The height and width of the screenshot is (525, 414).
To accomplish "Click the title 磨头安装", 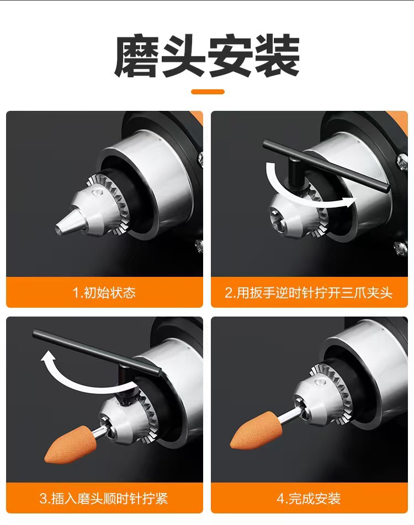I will tap(207, 57).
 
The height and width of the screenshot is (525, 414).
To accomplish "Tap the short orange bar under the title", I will tap(208, 92).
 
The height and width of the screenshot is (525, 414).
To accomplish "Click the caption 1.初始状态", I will tap(104, 292).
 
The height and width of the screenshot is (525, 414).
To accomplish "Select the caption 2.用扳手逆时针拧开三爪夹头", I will tap(309, 292).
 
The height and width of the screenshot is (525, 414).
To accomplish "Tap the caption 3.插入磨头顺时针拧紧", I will tap(104, 499).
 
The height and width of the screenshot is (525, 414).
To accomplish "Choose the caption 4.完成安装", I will tap(309, 499).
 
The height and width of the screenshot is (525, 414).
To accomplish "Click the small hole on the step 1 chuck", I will tap(98, 192).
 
